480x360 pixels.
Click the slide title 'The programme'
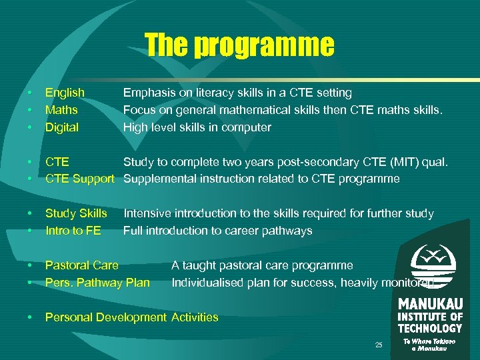tap(239, 45)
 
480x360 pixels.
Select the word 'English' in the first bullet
tap(65, 93)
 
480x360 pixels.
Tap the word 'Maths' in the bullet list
tap(61, 110)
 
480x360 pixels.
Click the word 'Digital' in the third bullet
tap(61, 127)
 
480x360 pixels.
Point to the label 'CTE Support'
tap(80, 179)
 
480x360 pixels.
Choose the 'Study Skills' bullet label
tap(76, 213)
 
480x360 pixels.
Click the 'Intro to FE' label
tap(73, 231)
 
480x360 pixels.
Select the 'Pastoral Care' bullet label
tap(82, 265)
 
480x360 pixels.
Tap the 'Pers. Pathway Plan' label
tap(97, 283)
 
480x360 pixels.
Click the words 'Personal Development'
tap(105, 317)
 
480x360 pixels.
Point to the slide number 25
tap(379, 345)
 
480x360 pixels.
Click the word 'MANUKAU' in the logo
tap(430, 304)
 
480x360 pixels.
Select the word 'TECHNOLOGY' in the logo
tap(430, 328)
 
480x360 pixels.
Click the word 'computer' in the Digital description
tap(249, 127)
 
